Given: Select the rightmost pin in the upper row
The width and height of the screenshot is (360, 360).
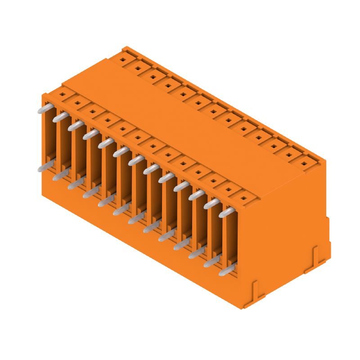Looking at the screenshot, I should coord(227,212).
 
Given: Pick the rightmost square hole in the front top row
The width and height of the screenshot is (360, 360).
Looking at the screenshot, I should coord(243,198).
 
